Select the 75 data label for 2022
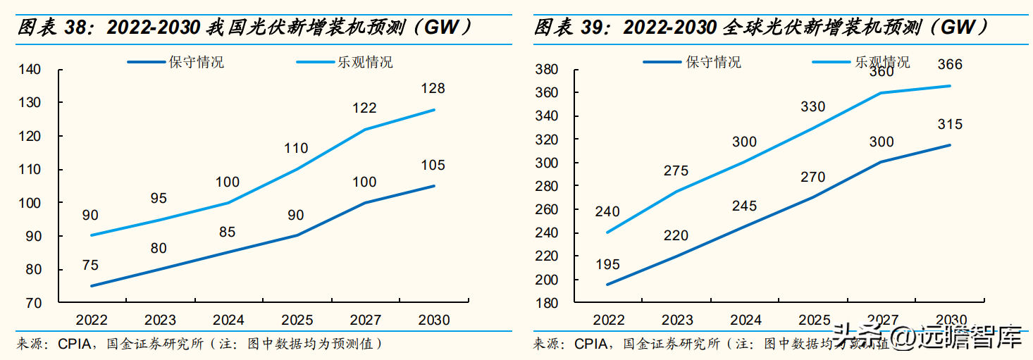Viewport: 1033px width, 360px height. pyautogui.click(x=90, y=266)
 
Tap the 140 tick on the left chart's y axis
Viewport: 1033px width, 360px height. pyautogui.click(x=32, y=69)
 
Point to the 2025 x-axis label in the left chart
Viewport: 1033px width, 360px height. pyautogui.click(x=297, y=321)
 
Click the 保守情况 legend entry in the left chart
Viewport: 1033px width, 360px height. pyautogui.click(x=196, y=62)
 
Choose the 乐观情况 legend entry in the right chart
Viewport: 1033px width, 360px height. pyautogui.click(x=882, y=62)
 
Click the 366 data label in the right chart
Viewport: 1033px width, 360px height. pyautogui.click(x=949, y=65)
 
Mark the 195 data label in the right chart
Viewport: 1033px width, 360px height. pyautogui.click(x=607, y=265)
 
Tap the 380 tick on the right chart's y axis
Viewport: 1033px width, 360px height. pyautogui.click(x=547, y=69)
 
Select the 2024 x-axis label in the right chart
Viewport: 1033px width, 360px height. pyautogui.click(x=746, y=321)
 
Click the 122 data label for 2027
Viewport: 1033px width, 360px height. pyautogui.click(x=365, y=108)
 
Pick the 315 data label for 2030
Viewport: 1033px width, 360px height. pyautogui.click(x=949, y=125)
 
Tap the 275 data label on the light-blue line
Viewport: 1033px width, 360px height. pyautogui.click(x=676, y=171)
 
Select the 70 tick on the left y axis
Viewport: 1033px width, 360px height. pyautogui.click(x=35, y=303)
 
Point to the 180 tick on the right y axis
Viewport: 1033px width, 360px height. pyautogui.click(x=547, y=303)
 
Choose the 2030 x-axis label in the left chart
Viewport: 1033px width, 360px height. pyautogui.click(x=433, y=321)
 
